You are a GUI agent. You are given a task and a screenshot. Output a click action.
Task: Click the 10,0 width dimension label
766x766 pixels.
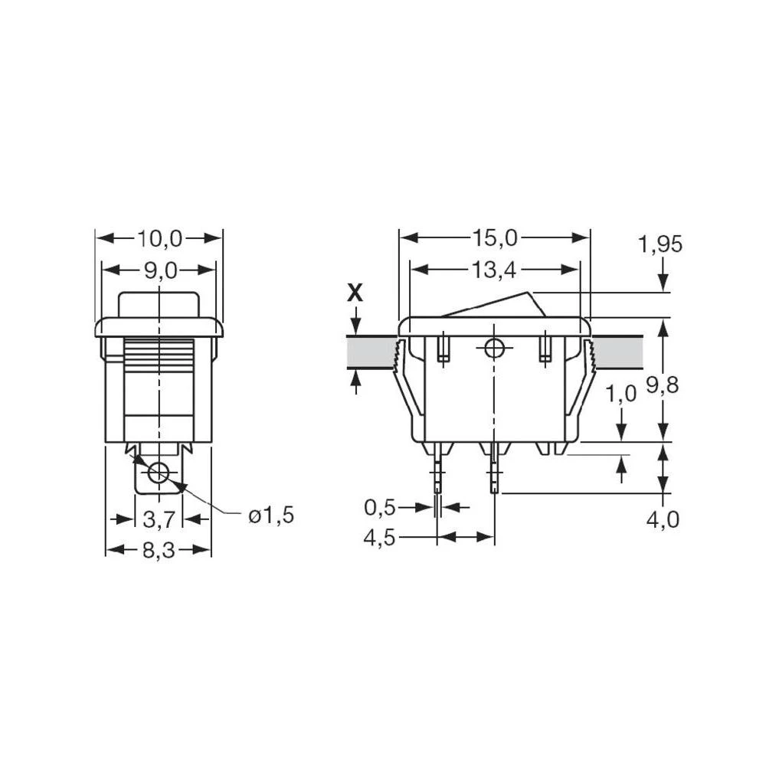coord(159,239)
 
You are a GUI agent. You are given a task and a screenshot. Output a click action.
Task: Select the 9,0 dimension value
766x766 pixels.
coord(159,270)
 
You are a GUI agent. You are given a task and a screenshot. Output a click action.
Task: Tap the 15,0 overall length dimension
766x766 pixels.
coord(495,239)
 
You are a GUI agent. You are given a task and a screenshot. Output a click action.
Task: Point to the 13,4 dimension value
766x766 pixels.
coord(495,270)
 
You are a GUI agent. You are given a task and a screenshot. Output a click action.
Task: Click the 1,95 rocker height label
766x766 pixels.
coord(660,245)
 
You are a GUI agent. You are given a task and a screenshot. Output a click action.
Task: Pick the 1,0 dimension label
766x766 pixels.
coord(620,394)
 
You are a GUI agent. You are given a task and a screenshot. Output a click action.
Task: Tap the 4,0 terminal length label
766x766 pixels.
coord(662,520)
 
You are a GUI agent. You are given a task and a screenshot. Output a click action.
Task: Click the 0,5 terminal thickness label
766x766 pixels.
coord(380,507)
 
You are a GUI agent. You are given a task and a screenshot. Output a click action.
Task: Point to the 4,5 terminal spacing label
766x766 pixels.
coord(380,538)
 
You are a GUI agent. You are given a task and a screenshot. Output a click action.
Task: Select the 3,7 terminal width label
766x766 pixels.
coord(159,519)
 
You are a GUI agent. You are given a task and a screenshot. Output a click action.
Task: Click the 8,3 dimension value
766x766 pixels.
coord(159,550)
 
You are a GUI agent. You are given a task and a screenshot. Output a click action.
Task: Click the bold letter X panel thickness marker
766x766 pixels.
coord(355,293)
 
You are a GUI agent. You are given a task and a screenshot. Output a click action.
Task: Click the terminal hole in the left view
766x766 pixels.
coord(159,473)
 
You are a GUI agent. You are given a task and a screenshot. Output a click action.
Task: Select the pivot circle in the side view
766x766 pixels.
coord(495,349)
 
